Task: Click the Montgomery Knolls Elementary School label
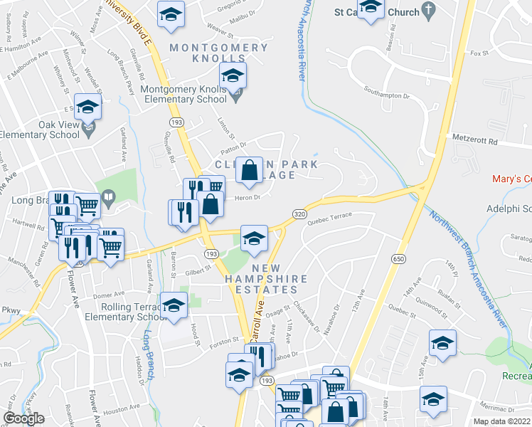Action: point(188,96)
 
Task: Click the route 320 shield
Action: point(299,213)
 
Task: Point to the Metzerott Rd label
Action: point(475,141)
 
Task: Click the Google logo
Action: point(23,418)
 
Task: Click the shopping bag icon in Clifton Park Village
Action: point(249,171)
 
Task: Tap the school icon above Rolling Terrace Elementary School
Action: point(173,306)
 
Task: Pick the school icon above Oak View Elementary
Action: point(88,107)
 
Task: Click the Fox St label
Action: point(481,53)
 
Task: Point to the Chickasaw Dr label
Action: point(312,318)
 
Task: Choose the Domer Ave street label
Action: point(108,295)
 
